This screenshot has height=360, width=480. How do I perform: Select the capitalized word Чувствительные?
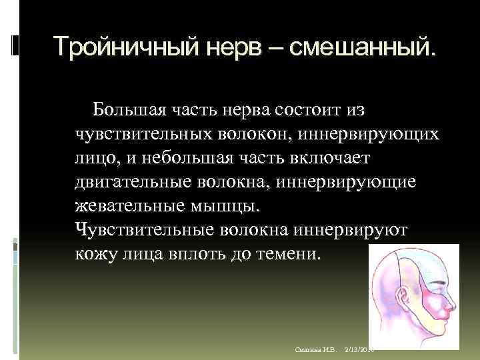143,230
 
